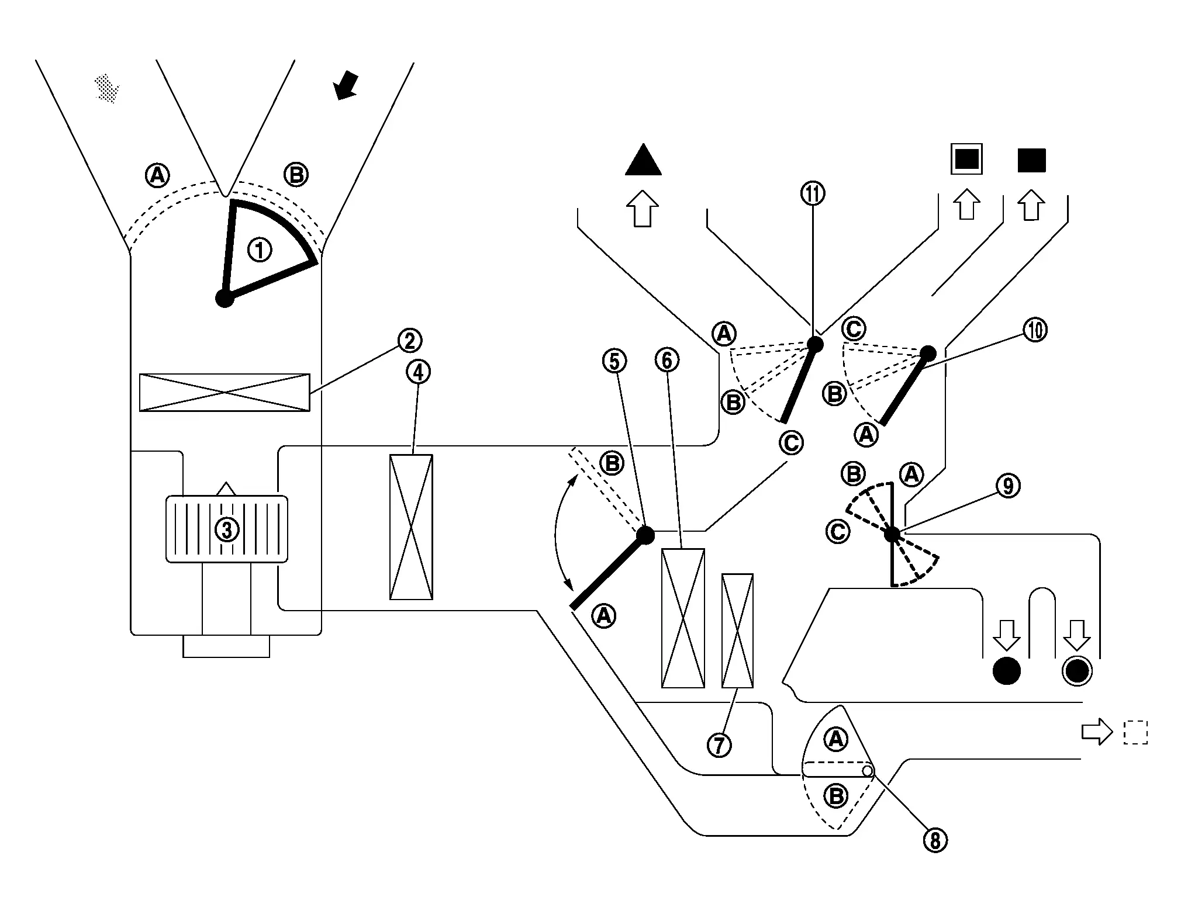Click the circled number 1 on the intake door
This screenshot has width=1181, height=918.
point(260,251)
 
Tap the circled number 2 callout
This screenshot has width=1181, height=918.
point(409,340)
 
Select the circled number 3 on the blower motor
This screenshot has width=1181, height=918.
point(227,529)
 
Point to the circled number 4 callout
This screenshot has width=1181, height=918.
point(418,372)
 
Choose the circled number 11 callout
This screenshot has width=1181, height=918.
point(813,193)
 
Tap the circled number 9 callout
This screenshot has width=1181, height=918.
point(1008,486)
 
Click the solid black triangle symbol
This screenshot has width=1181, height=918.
point(643,160)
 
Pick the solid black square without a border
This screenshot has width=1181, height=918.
point(1031,160)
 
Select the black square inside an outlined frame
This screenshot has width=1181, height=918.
point(966,160)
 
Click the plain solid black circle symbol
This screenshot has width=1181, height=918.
point(1007,671)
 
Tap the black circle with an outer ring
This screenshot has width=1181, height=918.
point(1076,671)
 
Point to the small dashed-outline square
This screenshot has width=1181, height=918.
point(1135,733)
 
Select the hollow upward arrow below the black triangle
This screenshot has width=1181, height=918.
point(643,208)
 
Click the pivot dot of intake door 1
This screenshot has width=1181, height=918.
point(225,299)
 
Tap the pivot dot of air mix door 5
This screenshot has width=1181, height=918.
point(645,535)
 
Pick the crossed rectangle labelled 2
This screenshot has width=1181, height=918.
point(225,393)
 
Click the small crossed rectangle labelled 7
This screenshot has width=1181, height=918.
point(737,631)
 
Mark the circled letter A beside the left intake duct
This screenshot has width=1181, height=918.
point(157,175)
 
